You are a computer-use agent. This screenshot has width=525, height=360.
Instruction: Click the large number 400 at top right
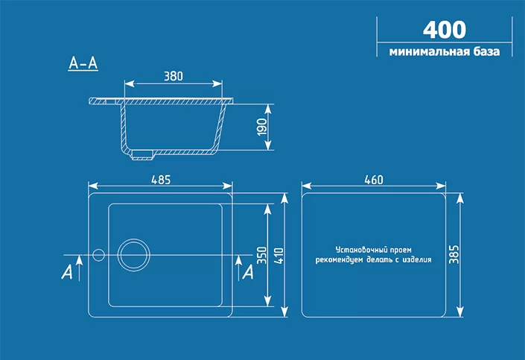coord(445,29)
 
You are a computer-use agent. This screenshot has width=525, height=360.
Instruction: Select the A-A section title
coord(83,64)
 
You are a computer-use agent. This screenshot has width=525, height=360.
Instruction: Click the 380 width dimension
coord(173,75)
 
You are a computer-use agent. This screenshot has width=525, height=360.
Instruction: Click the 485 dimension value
coord(161,179)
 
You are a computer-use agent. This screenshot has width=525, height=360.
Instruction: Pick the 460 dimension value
coord(374,179)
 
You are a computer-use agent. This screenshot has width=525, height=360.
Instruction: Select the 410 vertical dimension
coord(279,255)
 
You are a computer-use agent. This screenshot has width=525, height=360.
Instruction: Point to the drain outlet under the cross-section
coord(143,156)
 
